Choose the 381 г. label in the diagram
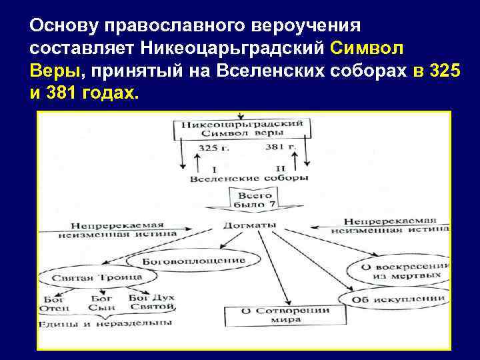click(x=280, y=147)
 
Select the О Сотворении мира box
click(x=285, y=315)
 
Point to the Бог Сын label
click(x=102, y=303)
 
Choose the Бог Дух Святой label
click(x=151, y=302)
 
